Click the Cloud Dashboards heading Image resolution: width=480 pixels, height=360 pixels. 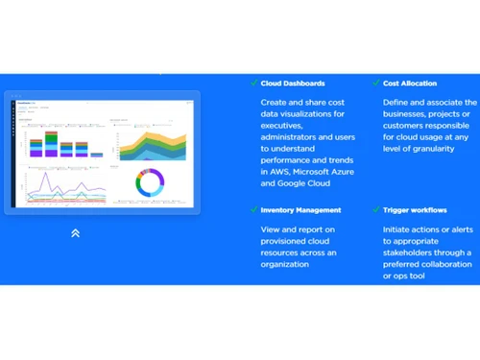[292, 84]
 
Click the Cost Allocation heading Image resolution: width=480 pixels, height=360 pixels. [410, 84]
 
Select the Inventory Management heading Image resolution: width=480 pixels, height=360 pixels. [300, 209]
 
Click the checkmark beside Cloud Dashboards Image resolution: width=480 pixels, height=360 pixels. [253, 84]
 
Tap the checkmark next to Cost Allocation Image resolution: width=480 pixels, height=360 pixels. [374, 84]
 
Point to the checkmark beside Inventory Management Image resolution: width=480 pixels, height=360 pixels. [253, 209]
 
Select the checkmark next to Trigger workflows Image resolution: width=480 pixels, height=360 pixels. [374, 209]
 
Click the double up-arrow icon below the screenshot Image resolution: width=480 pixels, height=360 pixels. [75, 232]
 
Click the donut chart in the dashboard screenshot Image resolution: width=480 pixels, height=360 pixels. [150, 182]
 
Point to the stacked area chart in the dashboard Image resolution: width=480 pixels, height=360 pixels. [152, 144]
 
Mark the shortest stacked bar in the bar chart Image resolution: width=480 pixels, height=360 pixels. [96, 152]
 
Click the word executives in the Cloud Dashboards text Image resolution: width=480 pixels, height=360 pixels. [282, 127]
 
